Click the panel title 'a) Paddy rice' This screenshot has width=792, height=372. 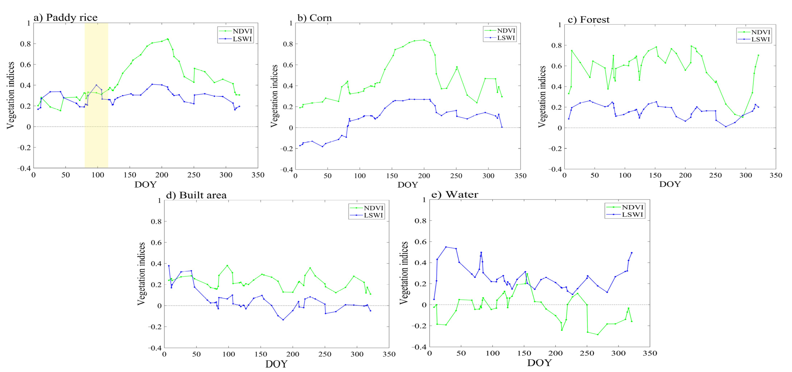click(66, 18)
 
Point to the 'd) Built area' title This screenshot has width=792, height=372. click(196, 195)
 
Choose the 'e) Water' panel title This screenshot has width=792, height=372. click(455, 194)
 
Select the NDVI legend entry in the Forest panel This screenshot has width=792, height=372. click(760, 32)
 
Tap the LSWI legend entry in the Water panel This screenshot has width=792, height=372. click(632, 215)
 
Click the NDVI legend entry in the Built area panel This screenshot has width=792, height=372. click(373, 208)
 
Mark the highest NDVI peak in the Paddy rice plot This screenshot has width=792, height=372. click(168, 39)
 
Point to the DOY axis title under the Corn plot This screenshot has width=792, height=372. click(408, 185)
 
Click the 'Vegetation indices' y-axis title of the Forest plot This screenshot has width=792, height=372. click(542, 97)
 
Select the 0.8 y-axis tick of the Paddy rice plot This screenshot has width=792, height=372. click(25, 44)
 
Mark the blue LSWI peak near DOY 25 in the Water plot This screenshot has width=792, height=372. click(446, 247)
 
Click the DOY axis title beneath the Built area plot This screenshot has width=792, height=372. click(276, 364)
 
